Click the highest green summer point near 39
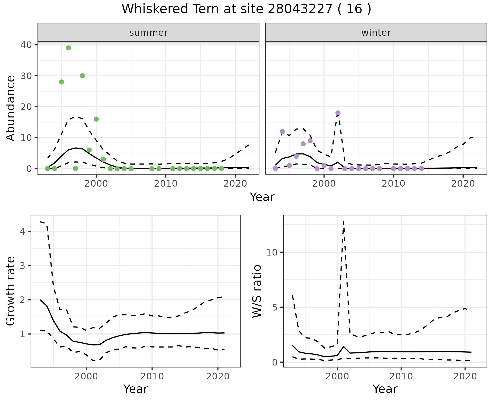pos(68,48)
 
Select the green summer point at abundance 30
pos(82,76)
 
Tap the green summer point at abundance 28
pos(61,82)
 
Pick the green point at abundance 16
pos(96,119)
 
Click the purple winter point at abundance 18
pos(338,113)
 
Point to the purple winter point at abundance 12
pos(282,131)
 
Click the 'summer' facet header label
pos(148,33)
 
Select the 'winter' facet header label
pos(376,33)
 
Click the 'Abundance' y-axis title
pos(11,108)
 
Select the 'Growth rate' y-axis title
pos(11,291)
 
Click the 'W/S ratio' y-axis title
pos(257,291)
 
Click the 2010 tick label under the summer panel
pos(166,184)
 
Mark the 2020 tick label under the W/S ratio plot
pos(465,377)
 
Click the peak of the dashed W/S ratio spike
pos(344,222)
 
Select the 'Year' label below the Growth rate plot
pos(136,389)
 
